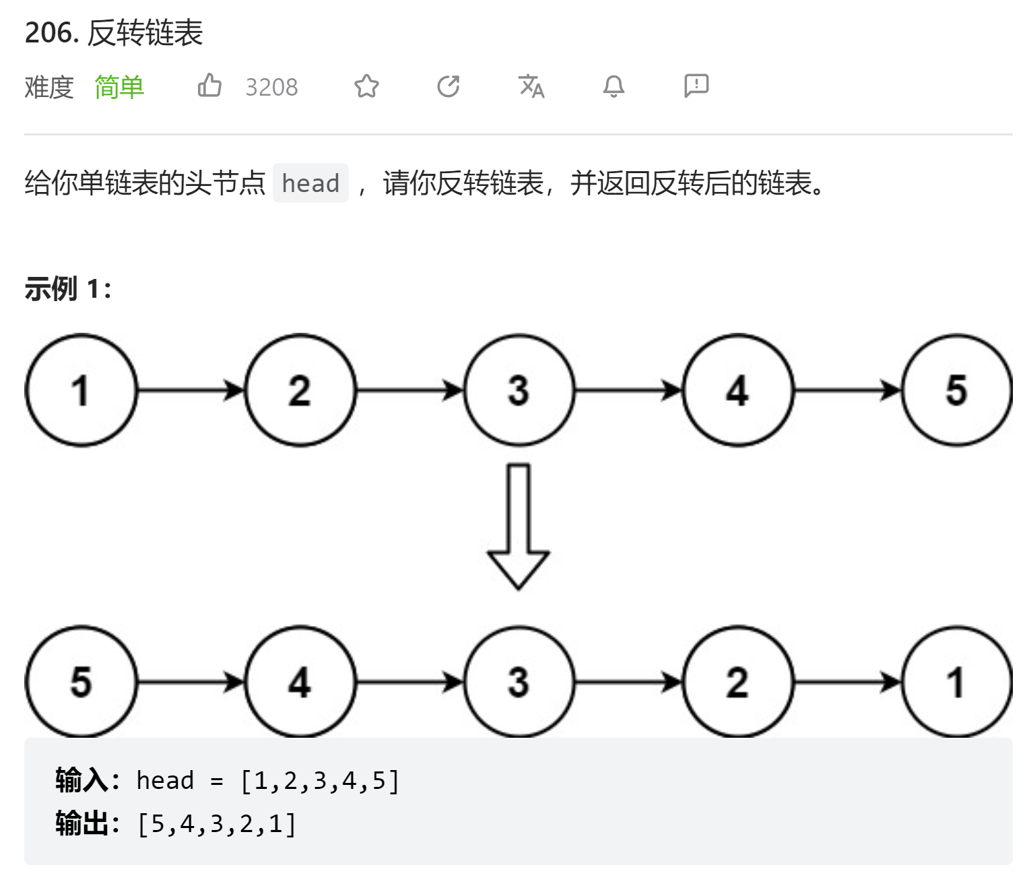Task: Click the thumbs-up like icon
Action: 209,86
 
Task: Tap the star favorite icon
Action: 366,86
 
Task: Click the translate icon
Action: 531,86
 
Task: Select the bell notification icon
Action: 613,86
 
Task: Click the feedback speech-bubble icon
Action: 696,86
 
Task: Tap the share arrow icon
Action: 449,86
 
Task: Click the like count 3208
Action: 271,88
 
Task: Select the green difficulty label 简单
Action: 119,88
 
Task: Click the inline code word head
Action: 310,183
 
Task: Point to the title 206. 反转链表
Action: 114,32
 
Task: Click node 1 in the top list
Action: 81,390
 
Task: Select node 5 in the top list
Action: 956,390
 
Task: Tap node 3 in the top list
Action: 519,390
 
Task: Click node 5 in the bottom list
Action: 81,682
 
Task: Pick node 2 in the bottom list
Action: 737,682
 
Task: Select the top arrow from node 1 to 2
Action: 191,390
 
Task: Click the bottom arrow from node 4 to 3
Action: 409,682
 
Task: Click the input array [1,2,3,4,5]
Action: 320,781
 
